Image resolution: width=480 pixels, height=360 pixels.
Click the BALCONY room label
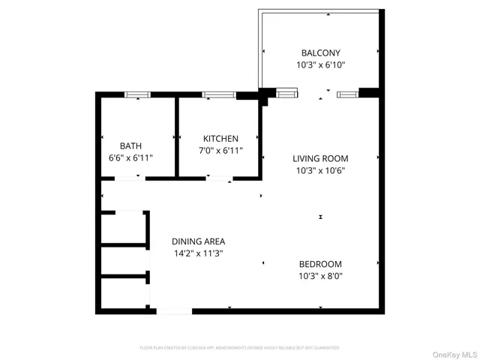tap(320, 53)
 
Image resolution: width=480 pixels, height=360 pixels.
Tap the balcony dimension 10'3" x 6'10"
tap(320, 65)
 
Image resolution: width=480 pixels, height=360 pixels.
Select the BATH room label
tap(130, 145)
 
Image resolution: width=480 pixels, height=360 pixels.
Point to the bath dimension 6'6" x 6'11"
tap(130, 157)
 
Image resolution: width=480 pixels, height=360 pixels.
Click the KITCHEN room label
tap(220, 139)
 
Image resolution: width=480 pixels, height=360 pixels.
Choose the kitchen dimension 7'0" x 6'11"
tap(220, 151)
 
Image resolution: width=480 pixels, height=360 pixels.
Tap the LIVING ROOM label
tap(320, 158)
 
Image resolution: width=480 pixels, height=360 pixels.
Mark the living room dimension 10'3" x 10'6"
tap(320, 170)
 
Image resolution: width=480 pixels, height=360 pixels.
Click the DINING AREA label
tap(198, 241)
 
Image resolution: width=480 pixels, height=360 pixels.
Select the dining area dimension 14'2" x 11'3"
tap(198, 253)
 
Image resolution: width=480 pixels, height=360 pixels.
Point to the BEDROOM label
tap(320, 264)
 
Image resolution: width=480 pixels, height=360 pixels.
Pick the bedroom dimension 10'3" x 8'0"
tap(320, 276)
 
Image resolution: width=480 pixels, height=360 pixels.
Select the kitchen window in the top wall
tap(218, 94)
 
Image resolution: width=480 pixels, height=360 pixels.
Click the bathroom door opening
tap(130, 178)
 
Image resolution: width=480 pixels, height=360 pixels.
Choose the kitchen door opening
tap(219, 178)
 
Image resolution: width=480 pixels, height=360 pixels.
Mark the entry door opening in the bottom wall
tap(174, 310)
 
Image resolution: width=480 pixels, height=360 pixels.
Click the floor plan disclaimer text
tap(239, 348)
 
